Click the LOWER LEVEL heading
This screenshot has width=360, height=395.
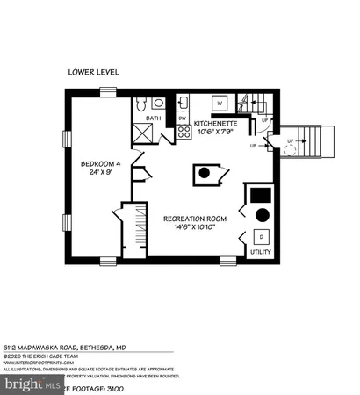pyautogui.click(x=93, y=72)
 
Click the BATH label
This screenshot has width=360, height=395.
pyautogui.click(x=153, y=118)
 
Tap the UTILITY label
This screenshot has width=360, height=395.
pyautogui.click(x=262, y=251)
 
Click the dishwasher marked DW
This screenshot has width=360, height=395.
pyautogui.click(x=183, y=118)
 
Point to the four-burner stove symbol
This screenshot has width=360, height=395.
pyautogui.click(x=184, y=133)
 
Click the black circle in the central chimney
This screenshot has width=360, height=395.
pyautogui.click(x=204, y=173)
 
